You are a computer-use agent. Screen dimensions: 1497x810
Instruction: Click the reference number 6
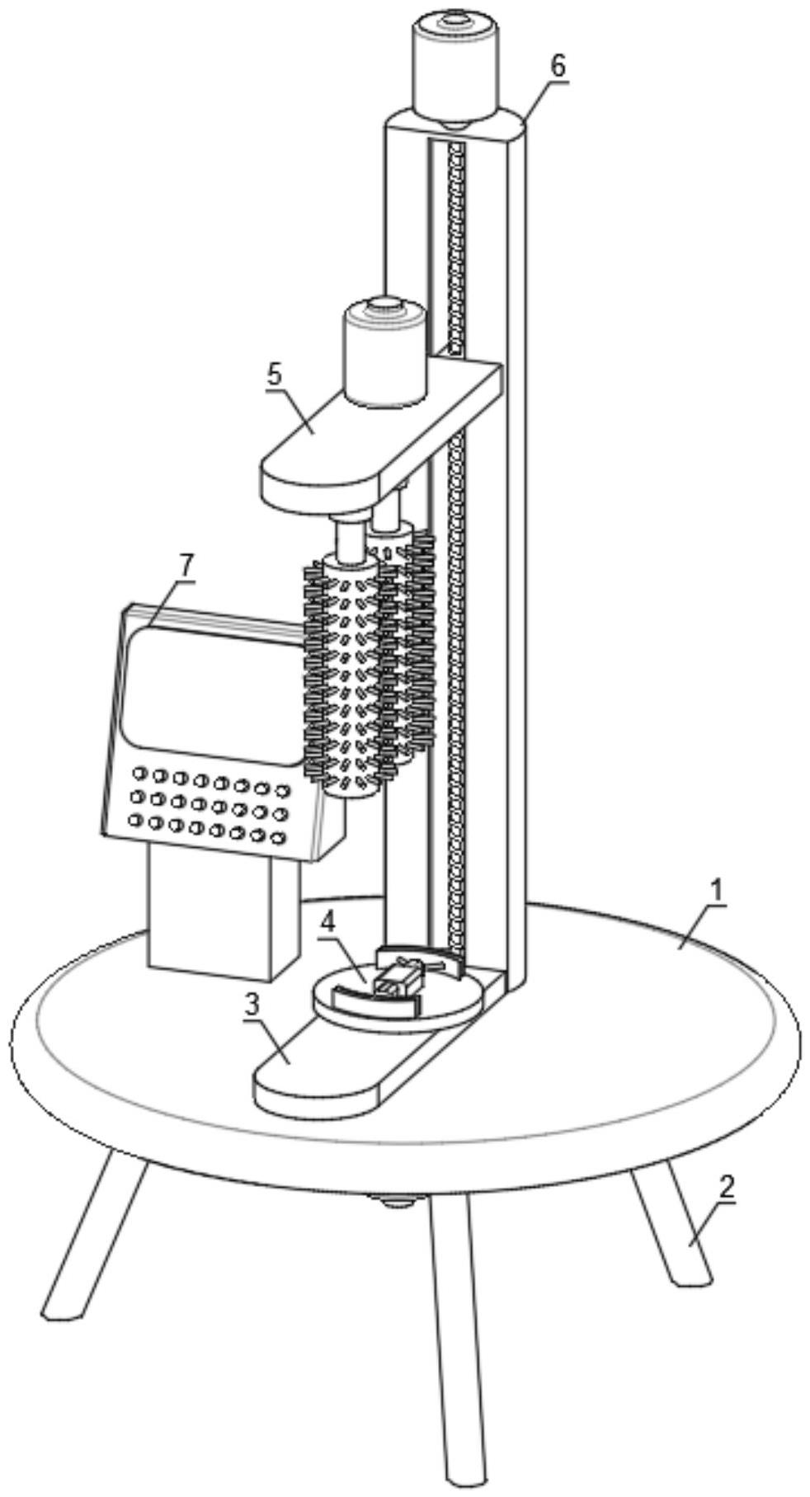(558, 66)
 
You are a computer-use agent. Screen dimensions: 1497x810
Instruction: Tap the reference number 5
(274, 374)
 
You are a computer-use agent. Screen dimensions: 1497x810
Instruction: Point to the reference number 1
(717, 891)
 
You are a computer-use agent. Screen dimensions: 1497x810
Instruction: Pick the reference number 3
(252, 1004)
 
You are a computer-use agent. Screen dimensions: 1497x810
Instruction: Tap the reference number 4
(328, 923)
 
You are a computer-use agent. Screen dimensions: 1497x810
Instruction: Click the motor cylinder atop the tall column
(455, 66)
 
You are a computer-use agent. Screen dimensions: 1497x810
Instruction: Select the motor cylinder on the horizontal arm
(384, 355)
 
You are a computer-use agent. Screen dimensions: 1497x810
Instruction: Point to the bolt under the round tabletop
(394, 1201)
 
